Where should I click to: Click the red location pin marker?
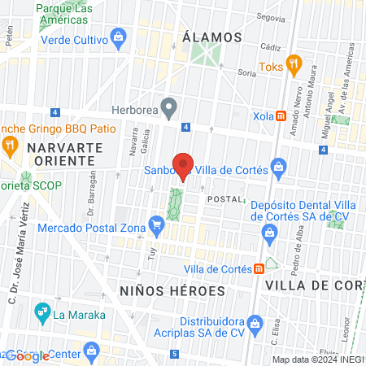tap(183, 166)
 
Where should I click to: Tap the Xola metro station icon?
tap(280, 115)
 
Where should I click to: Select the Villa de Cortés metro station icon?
tap(259, 268)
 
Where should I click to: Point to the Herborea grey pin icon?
tap(169, 106)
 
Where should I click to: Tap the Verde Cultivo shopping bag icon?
tap(119, 37)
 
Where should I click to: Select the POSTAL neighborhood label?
tap(224, 199)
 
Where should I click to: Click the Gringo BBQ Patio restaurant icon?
tap(11, 146)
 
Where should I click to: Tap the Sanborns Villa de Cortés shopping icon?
tap(279, 168)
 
